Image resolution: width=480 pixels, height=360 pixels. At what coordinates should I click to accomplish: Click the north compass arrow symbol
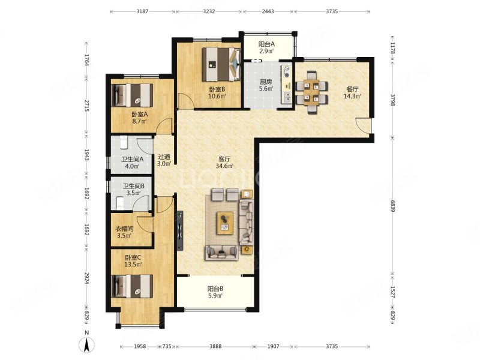87,346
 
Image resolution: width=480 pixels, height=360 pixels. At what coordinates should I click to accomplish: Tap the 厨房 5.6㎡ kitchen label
266,85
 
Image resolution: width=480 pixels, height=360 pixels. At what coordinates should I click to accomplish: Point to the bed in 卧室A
132,95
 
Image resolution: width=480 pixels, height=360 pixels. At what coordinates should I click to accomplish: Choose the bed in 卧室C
132,286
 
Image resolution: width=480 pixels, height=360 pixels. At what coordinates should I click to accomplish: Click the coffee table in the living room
225,223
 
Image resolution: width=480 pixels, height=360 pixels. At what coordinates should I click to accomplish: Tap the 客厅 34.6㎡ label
224,163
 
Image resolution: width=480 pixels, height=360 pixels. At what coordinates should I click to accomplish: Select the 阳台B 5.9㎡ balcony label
215,292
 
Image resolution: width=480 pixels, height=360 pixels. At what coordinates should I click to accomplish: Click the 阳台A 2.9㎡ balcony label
266,47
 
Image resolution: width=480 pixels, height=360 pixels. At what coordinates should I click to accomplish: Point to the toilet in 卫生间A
124,142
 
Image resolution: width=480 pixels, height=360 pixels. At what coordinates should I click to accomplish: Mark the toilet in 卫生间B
121,203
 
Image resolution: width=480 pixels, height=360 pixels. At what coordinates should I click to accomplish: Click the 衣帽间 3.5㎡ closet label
124,232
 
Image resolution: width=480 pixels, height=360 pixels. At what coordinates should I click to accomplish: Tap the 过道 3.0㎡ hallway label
164,160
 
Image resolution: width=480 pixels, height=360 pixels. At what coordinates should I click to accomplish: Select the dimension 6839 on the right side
392,205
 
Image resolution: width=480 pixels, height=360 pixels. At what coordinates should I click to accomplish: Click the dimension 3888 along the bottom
215,347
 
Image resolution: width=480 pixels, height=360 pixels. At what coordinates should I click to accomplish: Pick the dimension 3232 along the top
209,11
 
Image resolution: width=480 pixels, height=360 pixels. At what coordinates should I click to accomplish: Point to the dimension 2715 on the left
87,106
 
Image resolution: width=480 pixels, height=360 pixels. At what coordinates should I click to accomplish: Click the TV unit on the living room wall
180,230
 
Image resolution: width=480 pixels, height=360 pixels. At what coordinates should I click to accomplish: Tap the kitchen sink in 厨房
287,97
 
